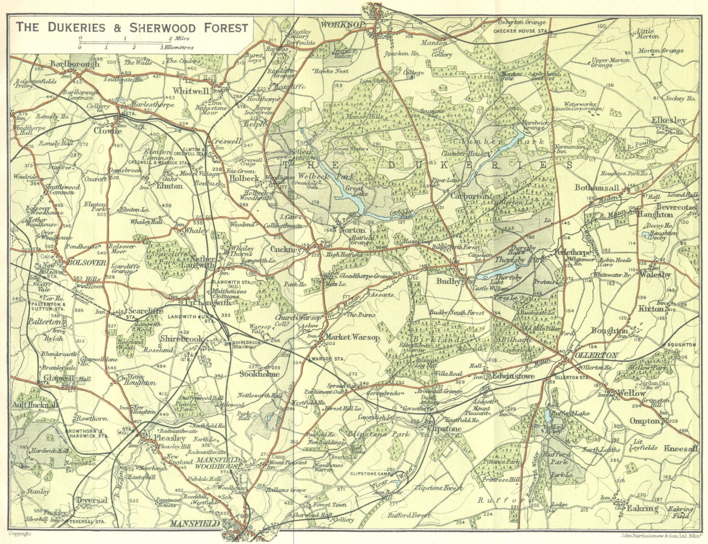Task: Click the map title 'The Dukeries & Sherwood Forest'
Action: pyautogui.click(x=132, y=27)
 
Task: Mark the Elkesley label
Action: pyautogui.click(x=669, y=120)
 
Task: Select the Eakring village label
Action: pyautogui.click(x=642, y=509)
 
